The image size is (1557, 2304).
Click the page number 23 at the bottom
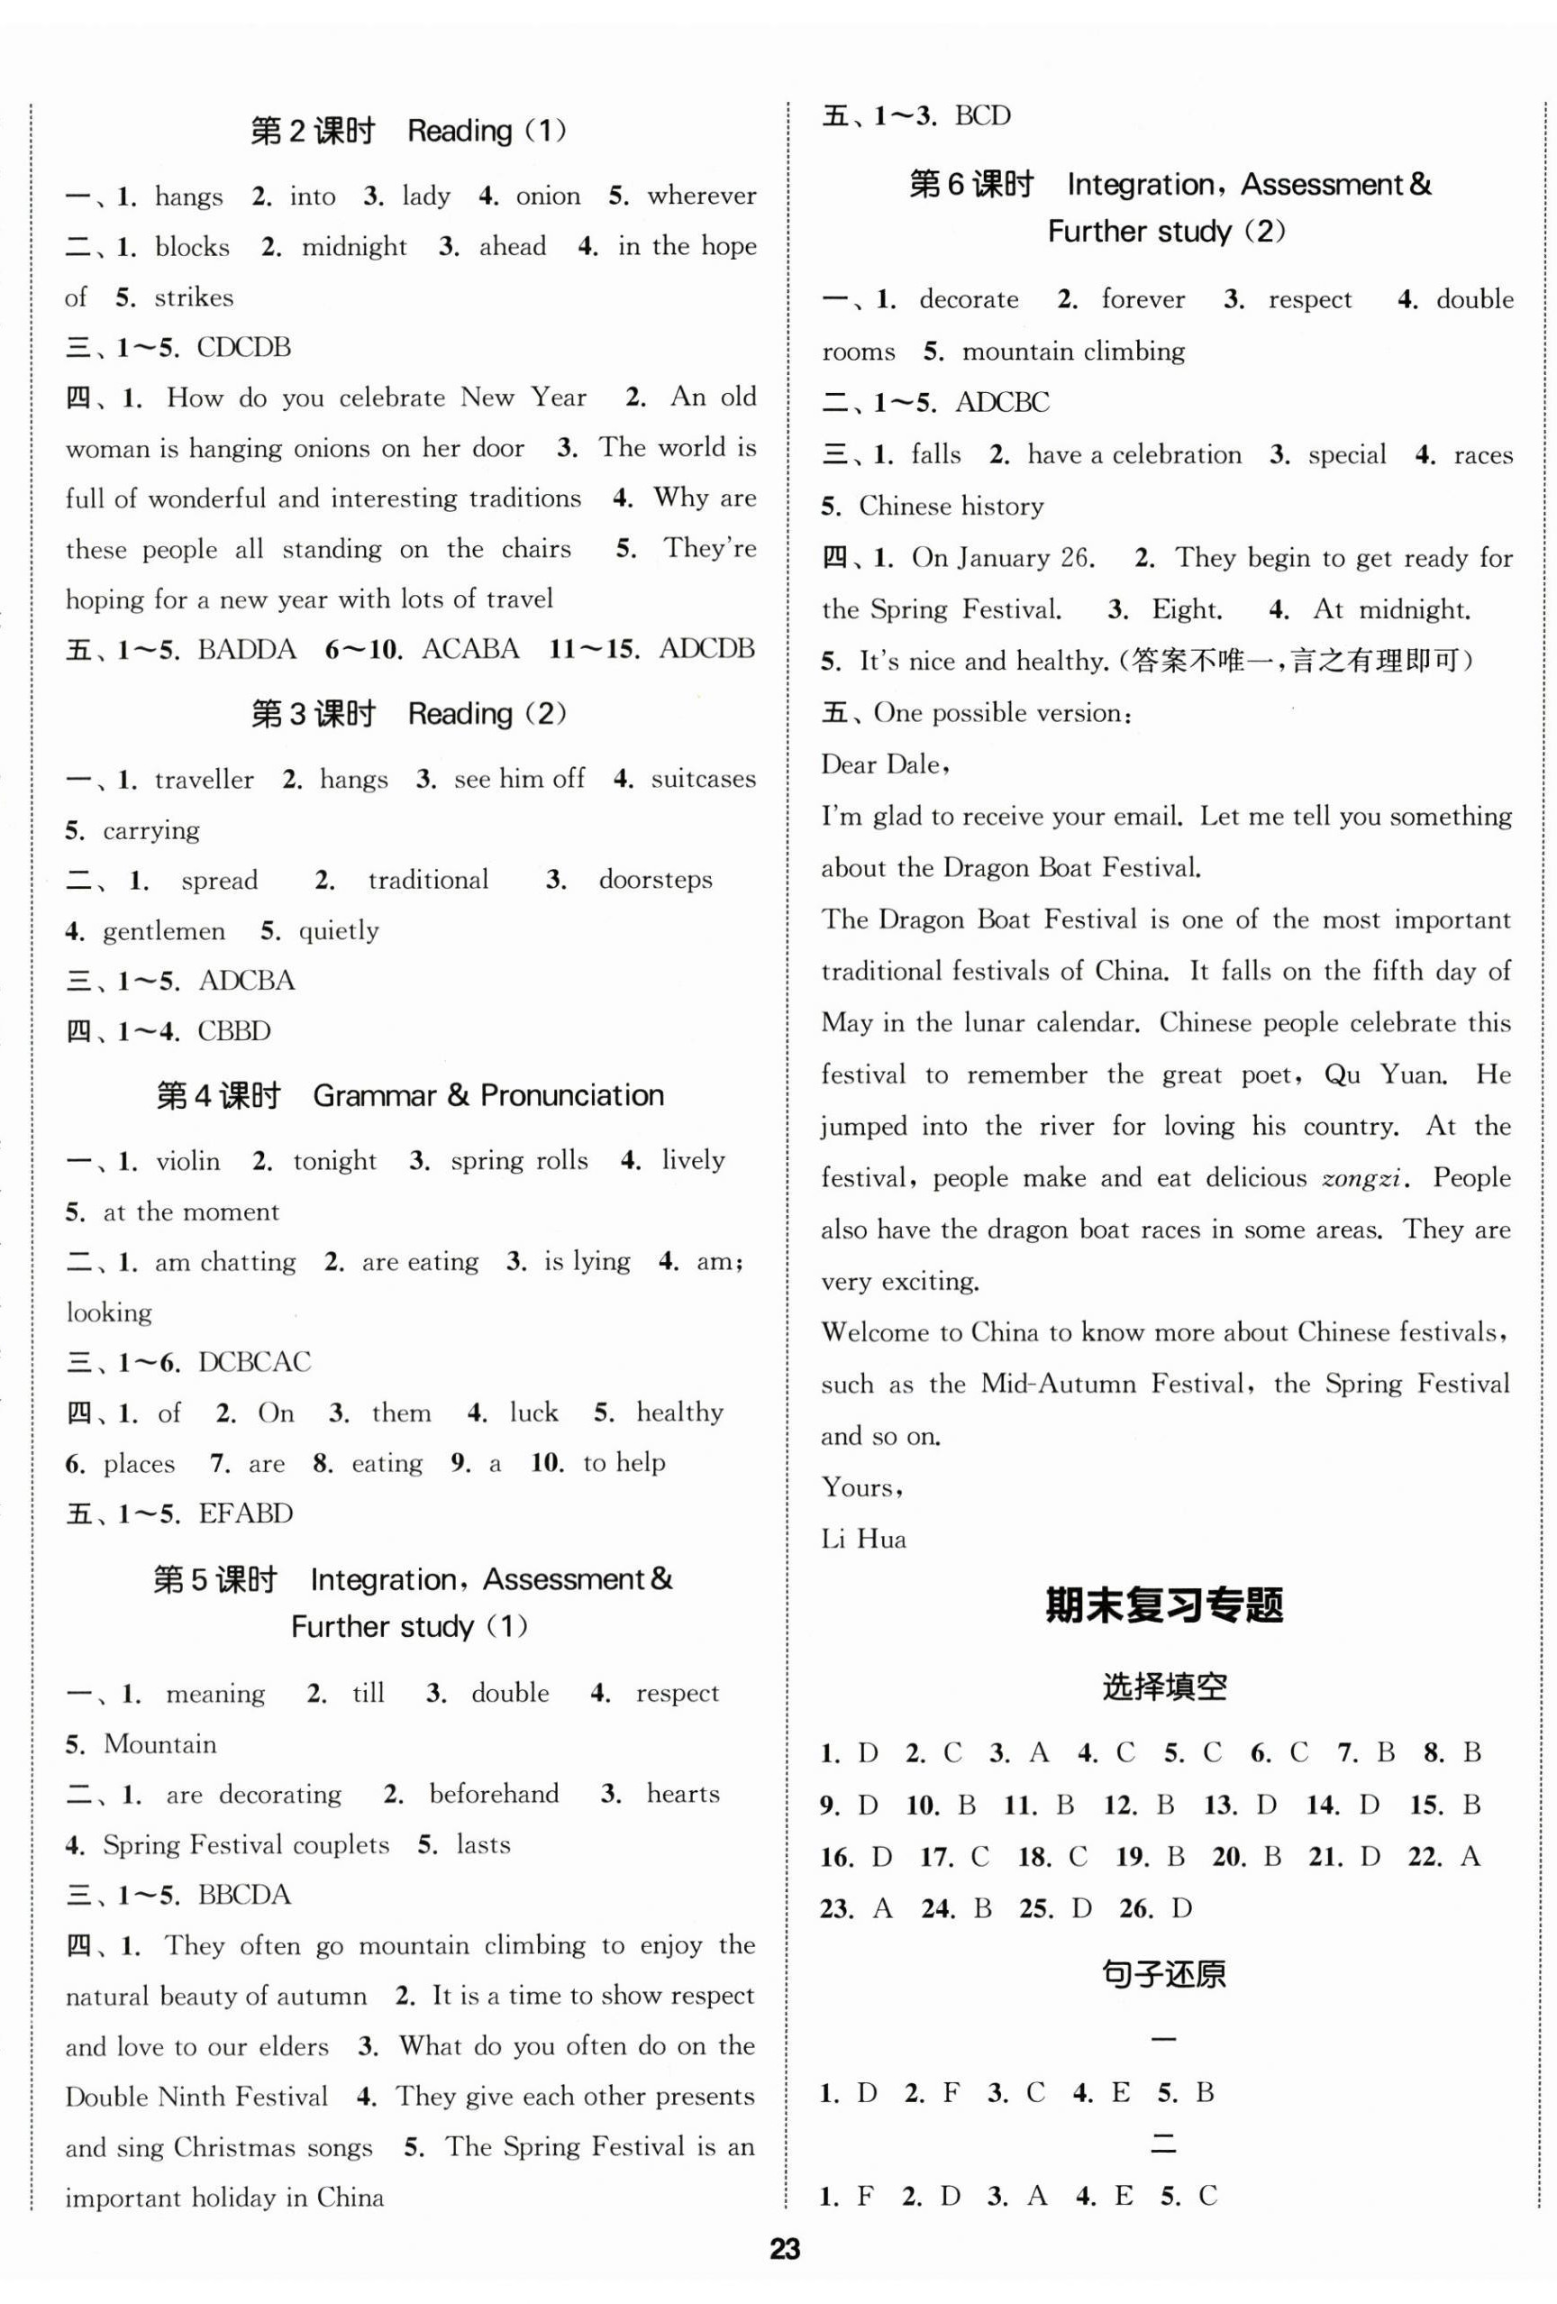(x=784, y=2248)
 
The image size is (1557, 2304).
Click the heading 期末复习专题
(x=1164, y=1607)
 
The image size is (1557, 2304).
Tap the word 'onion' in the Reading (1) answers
(x=548, y=197)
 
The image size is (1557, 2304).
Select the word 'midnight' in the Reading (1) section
(x=354, y=247)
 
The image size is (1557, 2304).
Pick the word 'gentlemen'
(x=163, y=931)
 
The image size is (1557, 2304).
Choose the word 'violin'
(x=187, y=1161)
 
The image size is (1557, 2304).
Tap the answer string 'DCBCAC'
(x=255, y=1362)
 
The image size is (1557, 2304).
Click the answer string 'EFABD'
(x=246, y=1513)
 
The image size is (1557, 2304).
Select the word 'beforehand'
(x=494, y=1794)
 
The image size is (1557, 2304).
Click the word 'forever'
(x=1143, y=299)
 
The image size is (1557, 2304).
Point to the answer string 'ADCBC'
(x=1002, y=403)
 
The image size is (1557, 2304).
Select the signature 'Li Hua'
(x=863, y=1540)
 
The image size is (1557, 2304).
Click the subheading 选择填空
(x=1164, y=1687)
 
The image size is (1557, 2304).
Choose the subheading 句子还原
(x=1163, y=1975)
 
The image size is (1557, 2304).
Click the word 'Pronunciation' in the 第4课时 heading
(x=572, y=1095)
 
